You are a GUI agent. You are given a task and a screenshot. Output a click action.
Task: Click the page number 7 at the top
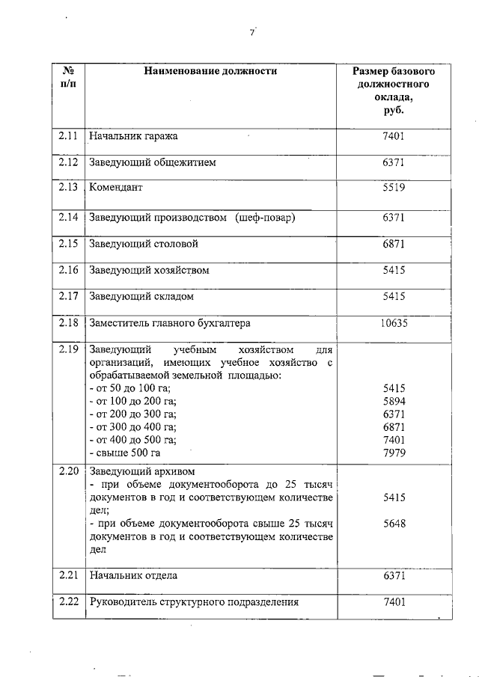pyautogui.click(x=252, y=32)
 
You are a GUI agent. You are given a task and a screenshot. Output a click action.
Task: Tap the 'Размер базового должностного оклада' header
pyautogui.click(x=394, y=91)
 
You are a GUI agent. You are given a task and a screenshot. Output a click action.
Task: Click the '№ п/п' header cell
pyautogui.click(x=68, y=78)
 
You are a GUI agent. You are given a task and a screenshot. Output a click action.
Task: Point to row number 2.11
pyautogui.click(x=68, y=136)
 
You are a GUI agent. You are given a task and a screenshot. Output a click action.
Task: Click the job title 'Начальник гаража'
pyautogui.click(x=133, y=136)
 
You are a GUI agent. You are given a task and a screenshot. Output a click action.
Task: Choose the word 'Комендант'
pyautogui.click(x=116, y=188)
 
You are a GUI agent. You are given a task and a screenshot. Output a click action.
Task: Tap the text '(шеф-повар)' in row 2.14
pyautogui.click(x=265, y=217)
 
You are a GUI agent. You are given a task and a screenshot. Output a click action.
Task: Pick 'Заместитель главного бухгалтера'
pyautogui.click(x=169, y=323)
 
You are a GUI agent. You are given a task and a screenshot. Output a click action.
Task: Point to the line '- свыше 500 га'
pyautogui.click(x=124, y=453)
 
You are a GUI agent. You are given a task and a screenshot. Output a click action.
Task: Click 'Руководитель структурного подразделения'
pyautogui.click(x=194, y=601)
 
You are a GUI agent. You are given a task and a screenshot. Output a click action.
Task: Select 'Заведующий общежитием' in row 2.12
pyautogui.click(x=152, y=162)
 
